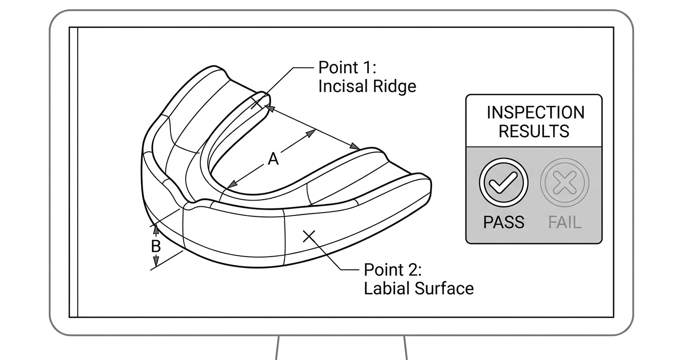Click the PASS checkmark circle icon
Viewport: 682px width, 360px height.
[x=503, y=182]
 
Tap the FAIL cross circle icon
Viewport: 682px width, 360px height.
[x=565, y=182]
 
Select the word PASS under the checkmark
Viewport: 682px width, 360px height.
[x=503, y=222]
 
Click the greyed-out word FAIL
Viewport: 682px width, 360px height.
[x=565, y=223]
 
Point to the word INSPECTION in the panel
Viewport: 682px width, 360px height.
[x=535, y=112]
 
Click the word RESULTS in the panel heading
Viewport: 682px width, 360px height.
[x=534, y=132]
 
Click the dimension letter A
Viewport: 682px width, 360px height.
[x=273, y=159]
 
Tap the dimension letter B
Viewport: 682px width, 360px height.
[x=156, y=246]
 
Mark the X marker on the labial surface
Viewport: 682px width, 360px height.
[x=309, y=236]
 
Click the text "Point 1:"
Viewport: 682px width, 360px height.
[x=347, y=67]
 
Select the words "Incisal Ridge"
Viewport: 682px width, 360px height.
[x=367, y=86]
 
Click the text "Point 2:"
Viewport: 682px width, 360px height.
[x=393, y=270]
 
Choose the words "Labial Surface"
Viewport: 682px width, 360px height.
[x=419, y=289]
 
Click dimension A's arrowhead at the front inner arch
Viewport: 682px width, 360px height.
[x=232, y=184]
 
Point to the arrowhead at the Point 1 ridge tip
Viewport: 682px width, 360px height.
[x=270, y=108]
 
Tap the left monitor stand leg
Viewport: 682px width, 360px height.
[x=277, y=348]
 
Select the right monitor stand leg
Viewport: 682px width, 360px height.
[x=406, y=348]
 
